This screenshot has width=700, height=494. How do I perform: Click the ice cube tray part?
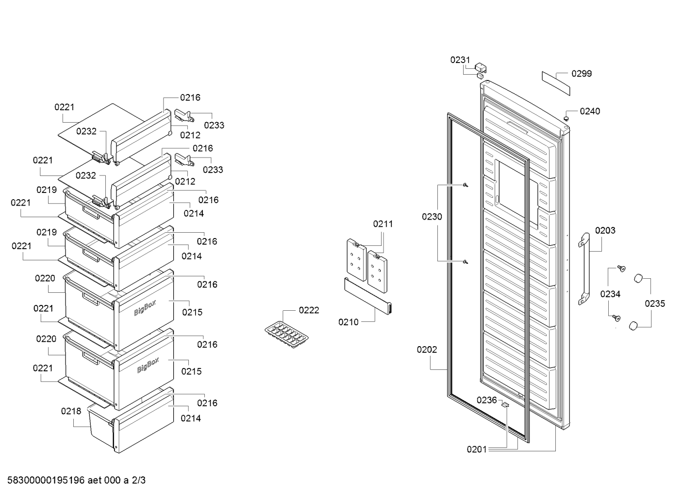pyautogui.click(x=286, y=335)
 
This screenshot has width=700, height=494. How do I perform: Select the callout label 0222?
pyautogui.click(x=309, y=310)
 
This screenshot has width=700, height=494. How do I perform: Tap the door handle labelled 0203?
pyautogui.click(x=584, y=269)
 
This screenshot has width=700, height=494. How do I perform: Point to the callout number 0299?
pyautogui.click(x=582, y=74)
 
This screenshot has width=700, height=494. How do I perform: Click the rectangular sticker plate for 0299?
pyautogui.click(x=556, y=83)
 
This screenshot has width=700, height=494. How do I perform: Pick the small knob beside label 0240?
pyautogui.click(x=566, y=119)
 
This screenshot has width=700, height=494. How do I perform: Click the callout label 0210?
pyautogui.click(x=349, y=322)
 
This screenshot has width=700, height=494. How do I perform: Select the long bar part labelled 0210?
pyautogui.click(x=368, y=296)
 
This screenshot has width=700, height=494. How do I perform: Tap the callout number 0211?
pyautogui.click(x=383, y=224)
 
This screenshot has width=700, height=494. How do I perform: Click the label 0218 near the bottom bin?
pyautogui.click(x=71, y=411)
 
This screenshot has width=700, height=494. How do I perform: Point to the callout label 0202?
pyautogui.click(x=427, y=350)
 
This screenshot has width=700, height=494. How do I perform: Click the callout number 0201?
pyautogui.click(x=477, y=449)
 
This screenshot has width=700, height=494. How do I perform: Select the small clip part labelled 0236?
pyautogui.click(x=505, y=405)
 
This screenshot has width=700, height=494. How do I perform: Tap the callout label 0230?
pyautogui.click(x=432, y=217)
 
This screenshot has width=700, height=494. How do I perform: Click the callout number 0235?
pyautogui.click(x=655, y=303)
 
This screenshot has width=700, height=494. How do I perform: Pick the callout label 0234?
pyautogui.click(x=610, y=294)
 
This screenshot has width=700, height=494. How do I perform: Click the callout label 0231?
pyautogui.click(x=460, y=60)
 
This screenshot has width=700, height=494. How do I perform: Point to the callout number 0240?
pyautogui.click(x=590, y=111)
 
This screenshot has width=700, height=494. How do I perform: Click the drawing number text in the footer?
pyautogui.click(x=76, y=480)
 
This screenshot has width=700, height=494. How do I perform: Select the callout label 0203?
pyautogui.click(x=605, y=230)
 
